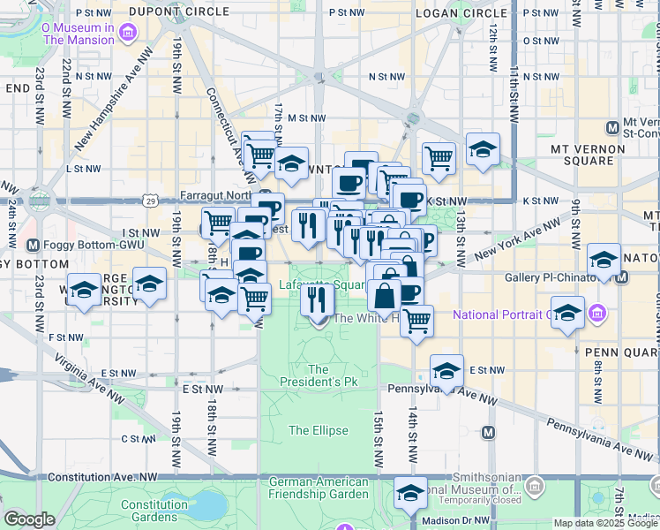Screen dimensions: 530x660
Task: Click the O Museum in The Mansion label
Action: (x=78, y=34)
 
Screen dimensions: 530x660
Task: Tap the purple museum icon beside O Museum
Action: (x=129, y=34)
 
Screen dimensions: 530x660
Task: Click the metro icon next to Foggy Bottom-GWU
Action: (x=33, y=245)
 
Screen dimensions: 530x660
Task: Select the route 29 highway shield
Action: (x=152, y=201)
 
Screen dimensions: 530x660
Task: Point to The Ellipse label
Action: (x=319, y=430)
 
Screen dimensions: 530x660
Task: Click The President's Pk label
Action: (x=318, y=376)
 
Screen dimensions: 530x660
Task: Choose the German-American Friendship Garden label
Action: (x=318, y=488)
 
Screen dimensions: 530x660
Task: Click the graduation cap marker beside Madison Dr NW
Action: (x=409, y=494)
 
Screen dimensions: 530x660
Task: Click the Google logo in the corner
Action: (x=29, y=519)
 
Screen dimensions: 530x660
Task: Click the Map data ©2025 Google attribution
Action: (x=604, y=522)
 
